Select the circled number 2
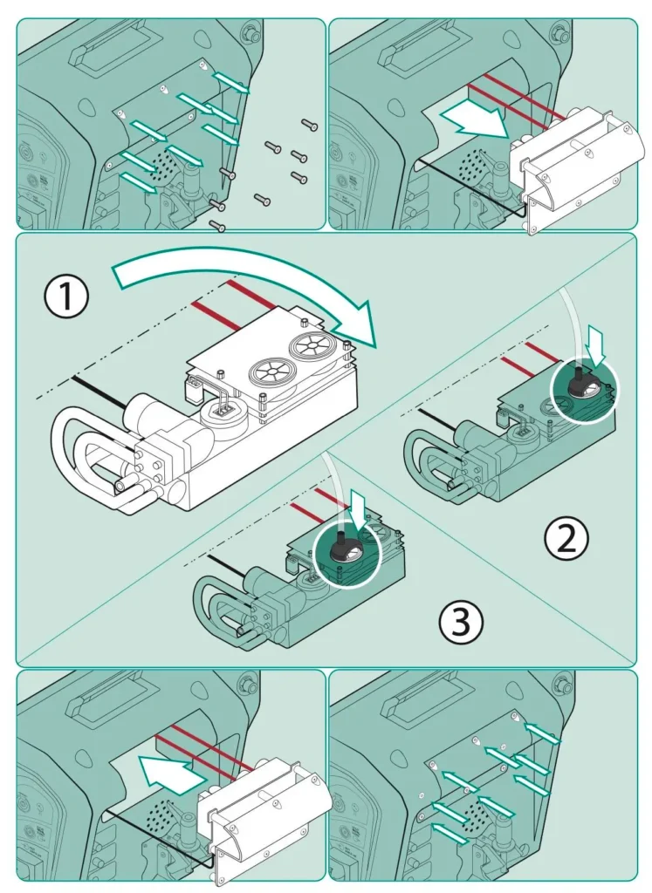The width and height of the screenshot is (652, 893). click(x=567, y=540)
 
